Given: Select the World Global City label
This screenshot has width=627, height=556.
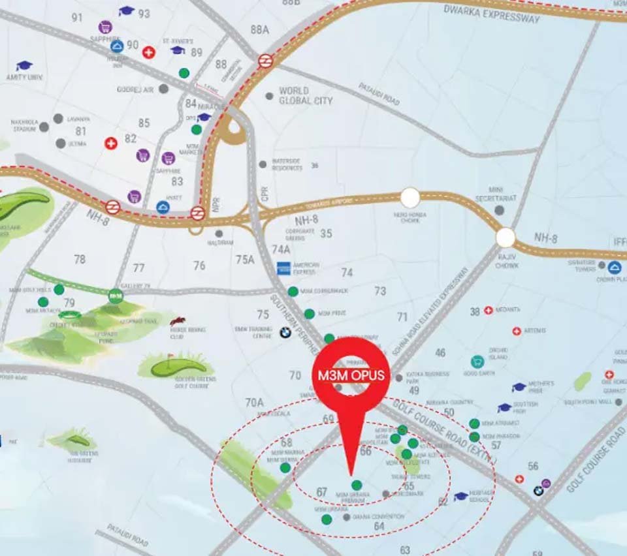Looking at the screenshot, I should point(305,96).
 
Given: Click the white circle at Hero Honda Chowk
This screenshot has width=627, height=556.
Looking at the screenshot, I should point(410,197).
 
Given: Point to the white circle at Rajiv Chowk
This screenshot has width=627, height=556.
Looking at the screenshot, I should point(506,238).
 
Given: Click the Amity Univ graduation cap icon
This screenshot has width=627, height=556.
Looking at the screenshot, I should point(24,66).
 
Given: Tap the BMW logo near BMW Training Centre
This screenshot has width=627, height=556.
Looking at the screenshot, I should point(285,332).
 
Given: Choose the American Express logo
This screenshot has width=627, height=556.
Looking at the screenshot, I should point(283,268).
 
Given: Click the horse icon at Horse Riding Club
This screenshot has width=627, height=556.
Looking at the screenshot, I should point(177,321).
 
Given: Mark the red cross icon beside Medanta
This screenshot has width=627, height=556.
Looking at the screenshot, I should point(488,311).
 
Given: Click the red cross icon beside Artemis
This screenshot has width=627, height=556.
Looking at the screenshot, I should point(517,331).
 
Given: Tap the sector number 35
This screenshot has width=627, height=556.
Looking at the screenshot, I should point(326,234).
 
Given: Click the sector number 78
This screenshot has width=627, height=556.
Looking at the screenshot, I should point(80,260).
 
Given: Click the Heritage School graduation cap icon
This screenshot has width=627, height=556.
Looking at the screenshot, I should point(461,496).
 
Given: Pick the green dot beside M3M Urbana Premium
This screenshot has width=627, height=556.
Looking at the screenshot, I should point(357,485).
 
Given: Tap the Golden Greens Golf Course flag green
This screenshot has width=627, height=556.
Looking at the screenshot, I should point(177,366).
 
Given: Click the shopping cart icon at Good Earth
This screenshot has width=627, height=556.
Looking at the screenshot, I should point(477,361).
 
